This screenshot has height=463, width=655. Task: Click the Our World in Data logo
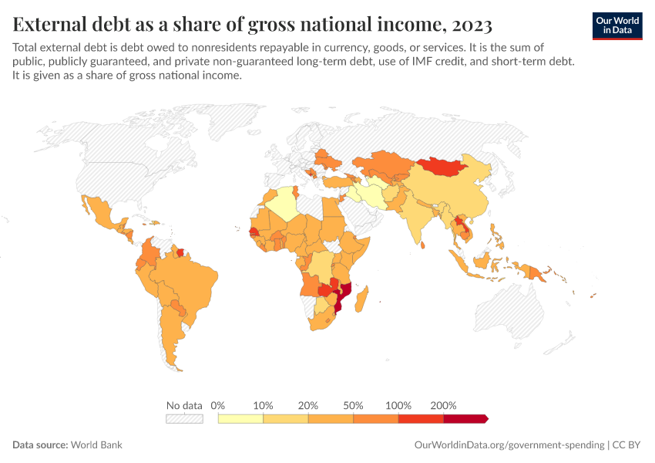tap(616, 25)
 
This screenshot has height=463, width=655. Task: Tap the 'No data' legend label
tap(184, 405)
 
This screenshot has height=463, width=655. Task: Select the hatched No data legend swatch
tap(184, 419)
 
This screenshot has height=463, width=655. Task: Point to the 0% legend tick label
tap(218, 405)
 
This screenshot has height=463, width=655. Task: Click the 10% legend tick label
tap(264, 405)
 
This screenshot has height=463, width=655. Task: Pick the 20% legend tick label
tap(308, 405)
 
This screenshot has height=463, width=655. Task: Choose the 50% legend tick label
tap(354, 405)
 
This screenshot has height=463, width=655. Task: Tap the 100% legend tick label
tap(398, 405)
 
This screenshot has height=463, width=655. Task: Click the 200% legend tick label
tap(444, 405)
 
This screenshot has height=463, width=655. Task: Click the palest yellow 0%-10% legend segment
tap(241, 419)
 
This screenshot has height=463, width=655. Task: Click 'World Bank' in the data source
tap(96, 445)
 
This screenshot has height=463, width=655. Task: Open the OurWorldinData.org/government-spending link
tap(509, 445)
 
